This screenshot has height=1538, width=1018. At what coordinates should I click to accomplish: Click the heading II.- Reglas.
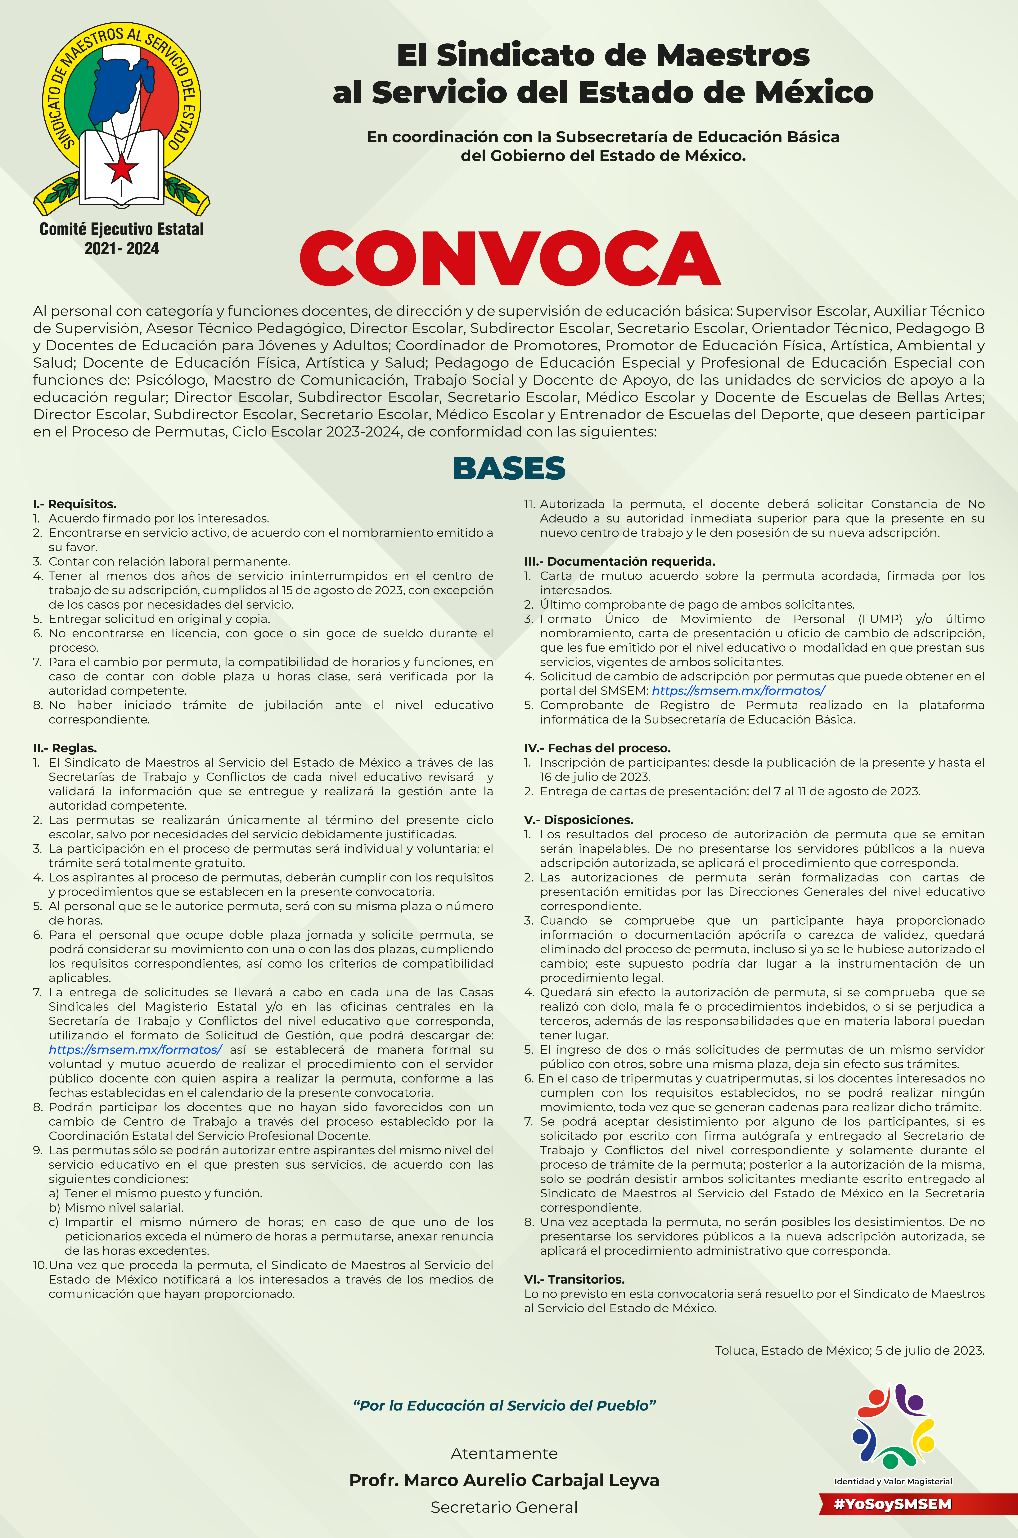pyautogui.click(x=65, y=748)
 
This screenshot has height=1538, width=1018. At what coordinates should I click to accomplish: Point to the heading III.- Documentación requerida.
pyautogui.click(x=619, y=561)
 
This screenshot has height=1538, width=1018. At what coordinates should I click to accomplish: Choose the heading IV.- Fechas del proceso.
pyautogui.click(x=597, y=748)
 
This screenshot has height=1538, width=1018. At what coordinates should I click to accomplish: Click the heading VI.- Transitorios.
pyautogui.click(x=574, y=1279)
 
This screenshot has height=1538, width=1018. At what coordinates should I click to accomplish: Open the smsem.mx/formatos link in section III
pyautogui.click(x=738, y=690)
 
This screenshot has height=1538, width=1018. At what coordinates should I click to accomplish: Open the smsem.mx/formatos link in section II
pyautogui.click(x=135, y=1049)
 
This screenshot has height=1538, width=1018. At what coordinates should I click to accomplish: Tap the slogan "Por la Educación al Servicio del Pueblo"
pyautogui.click(x=504, y=1405)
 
